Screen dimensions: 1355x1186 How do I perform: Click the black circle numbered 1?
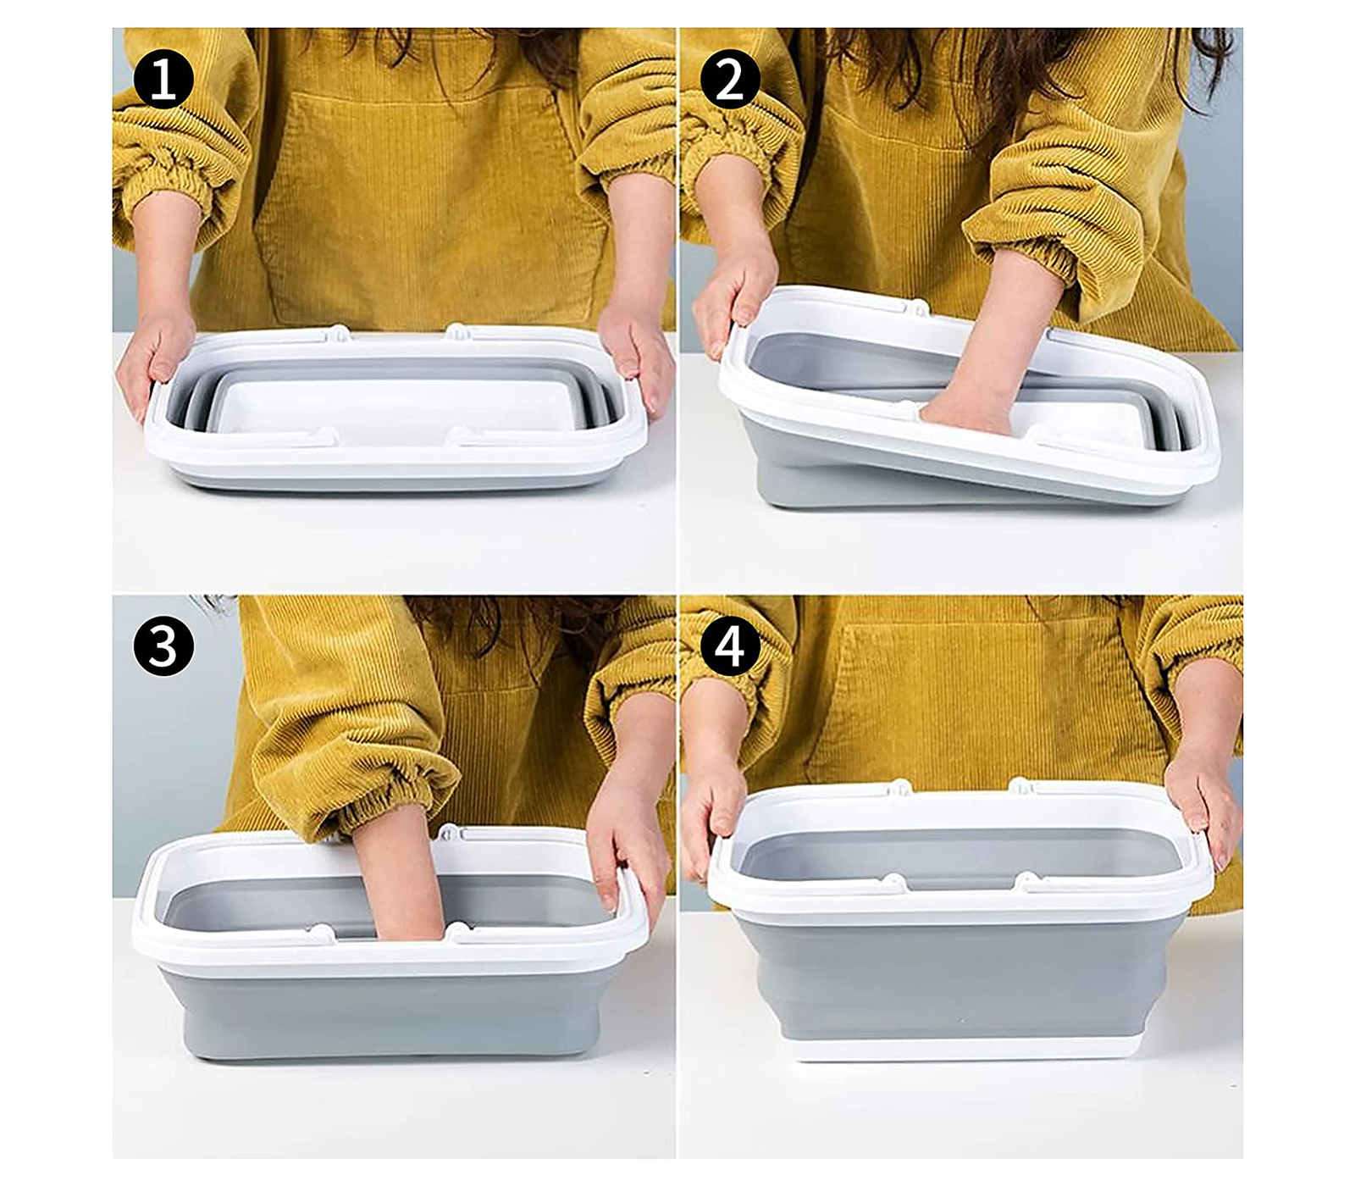[x=163, y=79]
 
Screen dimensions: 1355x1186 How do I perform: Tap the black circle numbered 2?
[x=730, y=79]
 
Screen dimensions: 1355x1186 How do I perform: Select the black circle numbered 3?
[x=163, y=646]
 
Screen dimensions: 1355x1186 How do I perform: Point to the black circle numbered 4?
[x=730, y=646]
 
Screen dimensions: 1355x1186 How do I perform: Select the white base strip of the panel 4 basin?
[x=965, y=1049]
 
